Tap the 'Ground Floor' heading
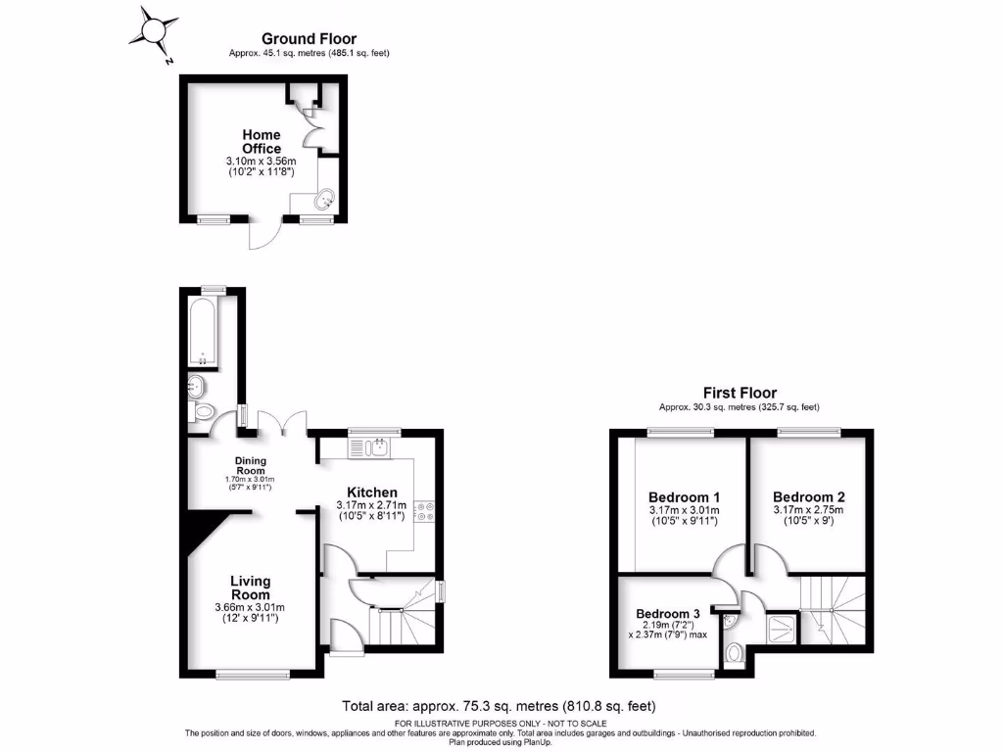(x=309, y=39)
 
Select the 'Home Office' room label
(x=262, y=141)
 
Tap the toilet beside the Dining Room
(x=203, y=413)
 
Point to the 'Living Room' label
(x=250, y=587)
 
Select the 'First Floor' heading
(x=740, y=393)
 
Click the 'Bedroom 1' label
(x=684, y=495)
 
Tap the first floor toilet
(x=736, y=651)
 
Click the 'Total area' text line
(x=499, y=705)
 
